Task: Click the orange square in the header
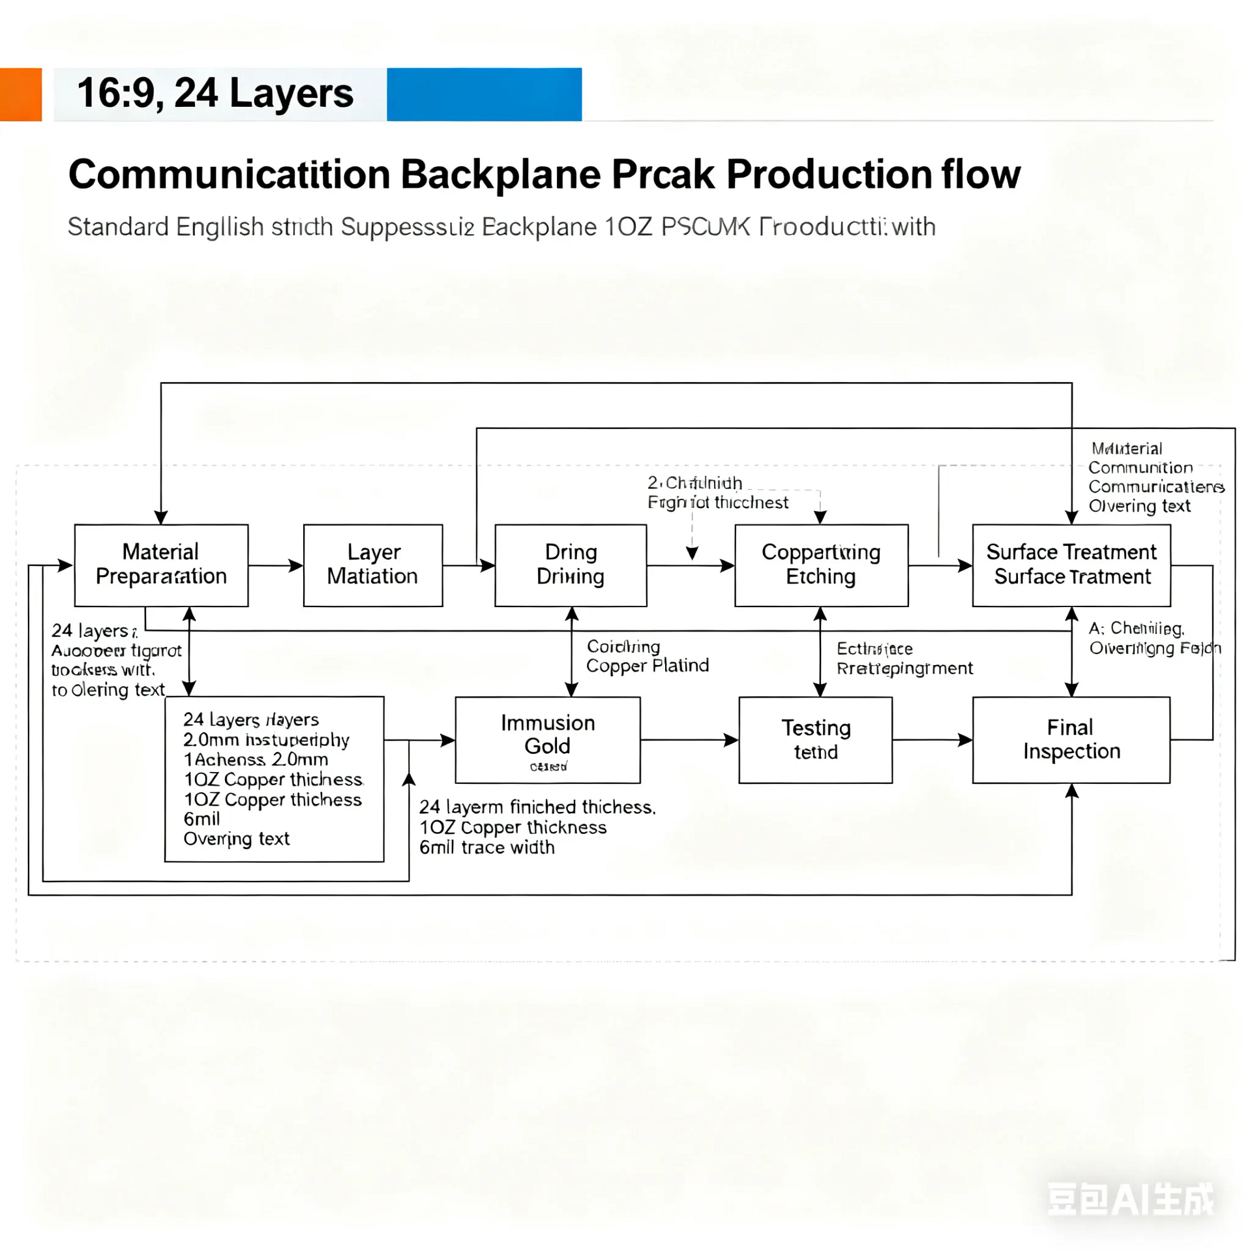tap(20, 95)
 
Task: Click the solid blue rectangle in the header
tap(484, 95)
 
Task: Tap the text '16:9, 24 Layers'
tap(215, 93)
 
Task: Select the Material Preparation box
tap(161, 565)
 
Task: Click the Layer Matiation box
tap(372, 565)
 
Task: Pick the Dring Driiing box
tap(570, 565)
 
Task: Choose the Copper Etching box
tap(820, 565)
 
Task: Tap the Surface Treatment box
tap(1071, 565)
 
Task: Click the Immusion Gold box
tap(547, 739)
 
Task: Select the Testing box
tap(815, 739)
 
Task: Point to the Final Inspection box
tap(1071, 739)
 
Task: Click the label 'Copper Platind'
tap(647, 666)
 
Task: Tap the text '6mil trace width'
tap(486, 847)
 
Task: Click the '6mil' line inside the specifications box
tap(201, 818)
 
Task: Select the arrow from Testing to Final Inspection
tap(932, 739)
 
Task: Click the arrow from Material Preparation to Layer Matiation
tap(275, 565)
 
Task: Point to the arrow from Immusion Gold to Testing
tap(689, 739)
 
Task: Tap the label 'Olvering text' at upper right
tap(1139, 506)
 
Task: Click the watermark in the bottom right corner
tap(1130, 1199)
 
